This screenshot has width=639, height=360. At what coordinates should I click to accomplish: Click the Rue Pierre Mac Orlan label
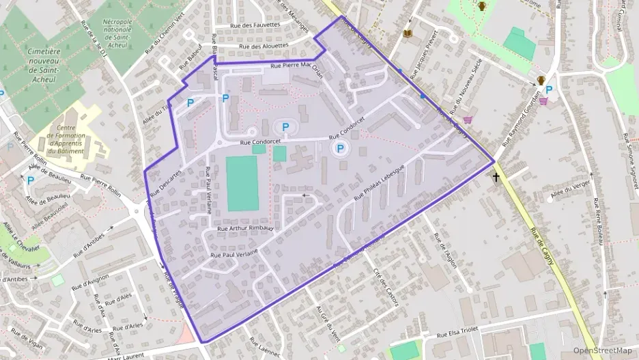pyautogui.click(x=296, y=66)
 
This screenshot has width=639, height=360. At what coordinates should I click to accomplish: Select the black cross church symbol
pyautogui.click(x=496, y=178)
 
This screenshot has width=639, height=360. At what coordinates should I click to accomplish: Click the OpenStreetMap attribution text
pyautogui.click(x=602, y=350)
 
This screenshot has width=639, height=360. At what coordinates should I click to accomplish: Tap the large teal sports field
pyautogui.click(x=243, y=183)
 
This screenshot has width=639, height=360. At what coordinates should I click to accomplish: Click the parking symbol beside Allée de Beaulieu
pyautogui.click(x=30, y=180)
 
